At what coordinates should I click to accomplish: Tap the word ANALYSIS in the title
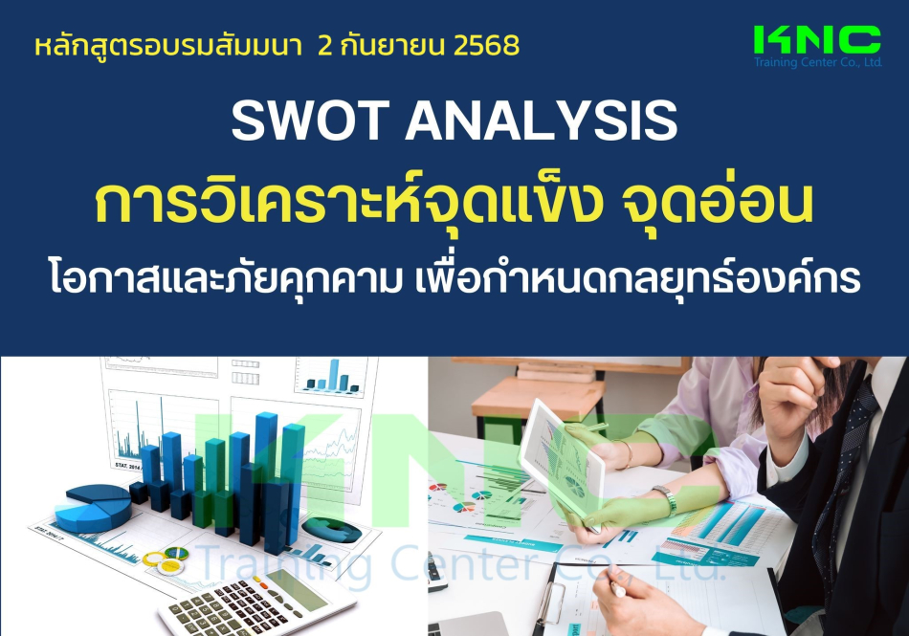tap(542, 121)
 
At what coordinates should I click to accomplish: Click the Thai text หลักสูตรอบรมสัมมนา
tap(168, 46)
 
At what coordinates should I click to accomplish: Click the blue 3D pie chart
tap(96, 508)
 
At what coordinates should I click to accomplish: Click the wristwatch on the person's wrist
tap(667, 499)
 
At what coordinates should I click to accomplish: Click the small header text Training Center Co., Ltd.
tap(817, 62)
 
